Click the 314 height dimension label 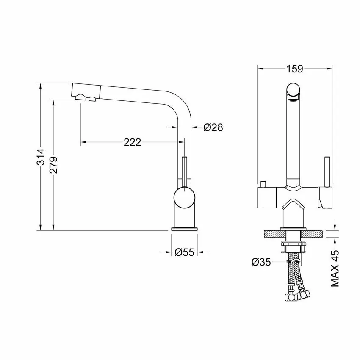pos(41,157)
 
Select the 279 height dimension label pos(54,165)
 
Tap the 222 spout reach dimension pos(133,142)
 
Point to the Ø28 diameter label pos(213,127)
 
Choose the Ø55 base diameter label pos(185,252)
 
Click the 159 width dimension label pos(295,69)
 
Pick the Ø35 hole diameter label pos(261,262)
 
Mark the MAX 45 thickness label pos(335,269)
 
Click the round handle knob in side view pos(184,197)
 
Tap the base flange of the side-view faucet pos(184,229)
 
